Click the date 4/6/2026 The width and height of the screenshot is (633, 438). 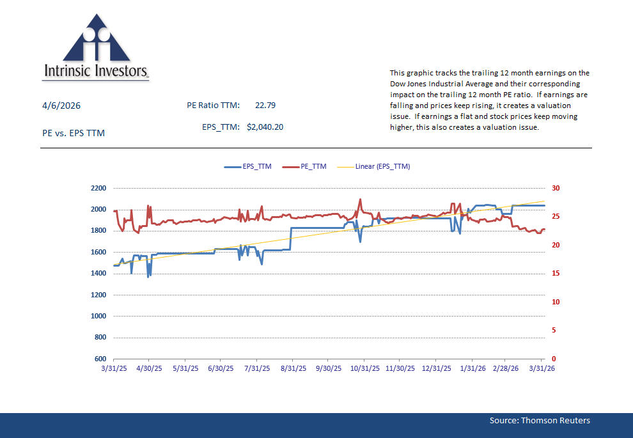[x=61, y=106]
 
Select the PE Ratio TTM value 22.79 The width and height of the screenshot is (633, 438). [x=265, y=106]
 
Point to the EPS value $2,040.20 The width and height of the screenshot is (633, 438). [x=265, y=127]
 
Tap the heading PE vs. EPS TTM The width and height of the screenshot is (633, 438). [x=73, y=133]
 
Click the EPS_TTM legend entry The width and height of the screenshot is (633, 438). [x=248, y=166]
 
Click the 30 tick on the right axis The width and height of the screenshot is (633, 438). [x=556, y=189]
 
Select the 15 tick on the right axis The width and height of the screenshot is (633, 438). [x=556, y=274]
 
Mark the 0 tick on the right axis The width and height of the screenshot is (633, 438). [x=554, y=359]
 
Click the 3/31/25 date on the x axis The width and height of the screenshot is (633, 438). [x=114, y=369]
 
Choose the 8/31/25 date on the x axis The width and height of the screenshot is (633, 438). [x=292, y=369]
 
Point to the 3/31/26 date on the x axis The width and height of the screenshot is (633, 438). [x=542, y=369]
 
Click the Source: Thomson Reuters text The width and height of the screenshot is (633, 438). [x=540, y=420]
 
